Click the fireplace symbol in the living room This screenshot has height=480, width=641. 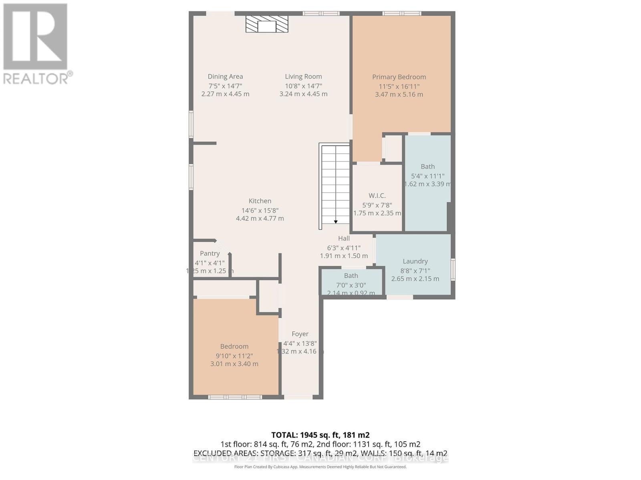click(x=267, y=24)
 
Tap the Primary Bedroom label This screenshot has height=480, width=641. click(x=399, y=77)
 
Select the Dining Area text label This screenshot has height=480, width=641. click(x=225, y=76)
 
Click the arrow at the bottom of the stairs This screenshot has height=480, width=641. click(x=336, y=222)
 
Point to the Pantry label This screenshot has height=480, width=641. click(x=210, y=254)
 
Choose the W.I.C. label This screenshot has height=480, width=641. click(x=377, y=196)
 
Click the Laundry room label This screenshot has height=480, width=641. click(x=415, y=261)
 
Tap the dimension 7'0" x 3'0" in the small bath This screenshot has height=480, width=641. click(x=351, y=285)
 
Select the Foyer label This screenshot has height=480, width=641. click(x=300, y=334)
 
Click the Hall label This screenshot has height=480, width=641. click(x=344, y=238)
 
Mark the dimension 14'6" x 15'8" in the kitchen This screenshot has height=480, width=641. click(x=260, y=210)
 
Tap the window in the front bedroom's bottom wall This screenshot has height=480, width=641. click(x=235, y=397)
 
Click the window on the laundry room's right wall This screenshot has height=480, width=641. click(x=453, y=269)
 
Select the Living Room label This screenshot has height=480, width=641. click(x=303, y=76)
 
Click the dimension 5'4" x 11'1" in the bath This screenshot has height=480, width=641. click(x=427, y=176)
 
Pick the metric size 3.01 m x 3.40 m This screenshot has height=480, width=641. click(x=234, y=364)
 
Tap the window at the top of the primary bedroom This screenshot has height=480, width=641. click(x=402, y=14)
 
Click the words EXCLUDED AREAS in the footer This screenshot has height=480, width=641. click(x=226, y=453)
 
